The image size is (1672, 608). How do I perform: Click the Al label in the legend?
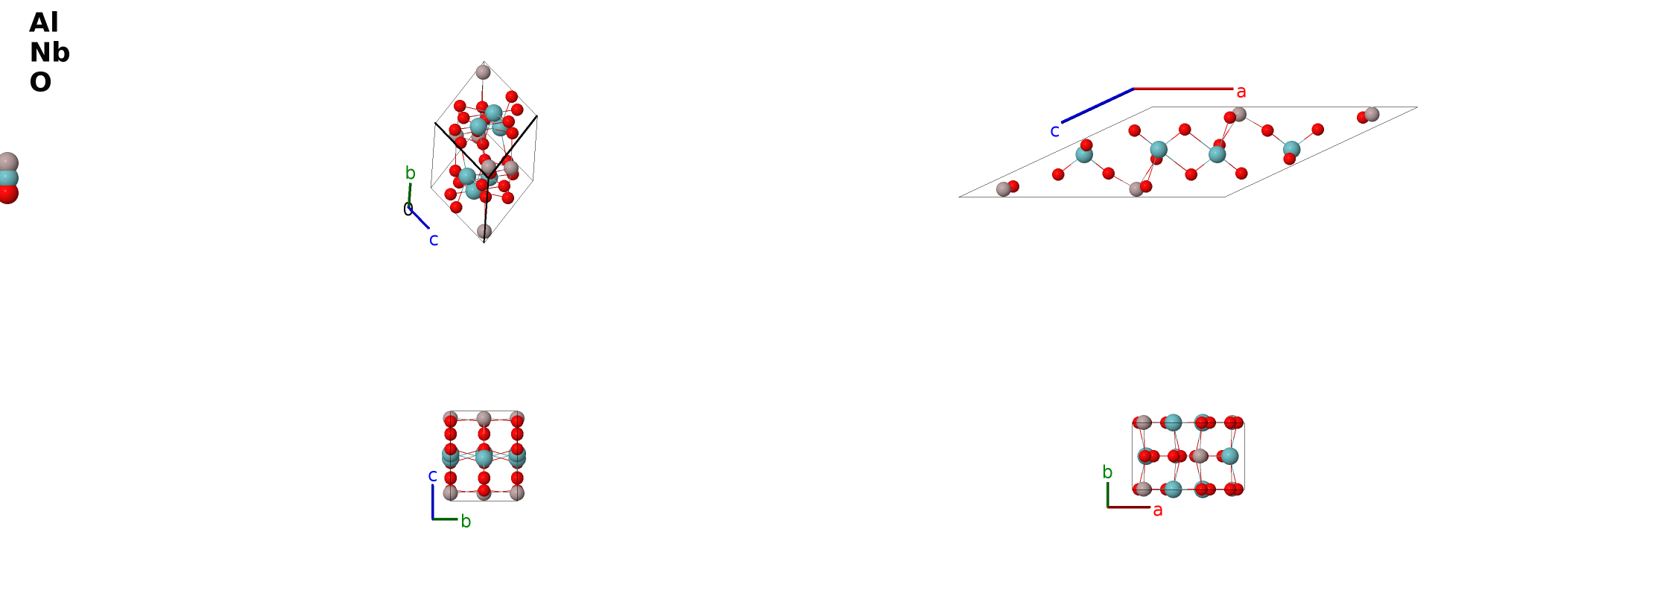[x=44, y=22]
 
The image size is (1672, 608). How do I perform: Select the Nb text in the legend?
[x=50, y=52]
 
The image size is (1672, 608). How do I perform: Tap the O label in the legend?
[x=40, y=82]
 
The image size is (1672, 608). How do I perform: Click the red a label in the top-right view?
[x=1241, y=92]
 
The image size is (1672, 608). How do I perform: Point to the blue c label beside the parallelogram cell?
[x=1054, y=131]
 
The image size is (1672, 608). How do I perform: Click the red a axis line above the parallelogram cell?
[x=1183, y=89]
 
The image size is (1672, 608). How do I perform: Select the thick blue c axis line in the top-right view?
[x=1098, y=105]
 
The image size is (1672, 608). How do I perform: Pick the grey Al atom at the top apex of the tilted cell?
[x=483, y=72]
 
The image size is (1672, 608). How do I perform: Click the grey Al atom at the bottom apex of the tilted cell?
[x=484, y=231]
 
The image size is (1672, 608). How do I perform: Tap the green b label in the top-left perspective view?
[x=410, y=173]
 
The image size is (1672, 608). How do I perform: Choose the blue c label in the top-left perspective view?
[x=434, y=240]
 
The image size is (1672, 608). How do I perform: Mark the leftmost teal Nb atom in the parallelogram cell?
[x=1084, y=155]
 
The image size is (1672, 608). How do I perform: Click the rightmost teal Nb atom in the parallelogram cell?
[x=1291, y=150]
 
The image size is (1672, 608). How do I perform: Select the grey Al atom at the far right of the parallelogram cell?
[x=1372, y=114]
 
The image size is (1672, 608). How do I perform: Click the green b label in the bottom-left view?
[x=466, y=522]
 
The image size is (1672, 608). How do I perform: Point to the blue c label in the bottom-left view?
[x=432, y=475]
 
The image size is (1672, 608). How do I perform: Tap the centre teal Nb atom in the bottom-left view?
[x=484, y=457]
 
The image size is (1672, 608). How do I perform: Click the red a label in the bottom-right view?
[x=1158, y=510]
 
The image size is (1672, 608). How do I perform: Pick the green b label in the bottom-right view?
[x=1107, y=472]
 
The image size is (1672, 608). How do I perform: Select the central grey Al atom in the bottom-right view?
[x=1200, y=456]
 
